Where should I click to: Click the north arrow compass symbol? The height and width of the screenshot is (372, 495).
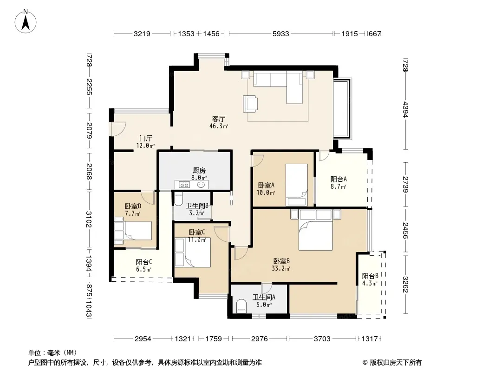(x=26, y=21)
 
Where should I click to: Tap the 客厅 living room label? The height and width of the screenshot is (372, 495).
(x=218, y=119)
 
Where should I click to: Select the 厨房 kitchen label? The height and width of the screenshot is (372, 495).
(x=199, y=170)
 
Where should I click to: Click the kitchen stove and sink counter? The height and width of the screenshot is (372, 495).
(x=191, y=184)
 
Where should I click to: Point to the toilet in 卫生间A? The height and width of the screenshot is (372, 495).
(x=241, y=306)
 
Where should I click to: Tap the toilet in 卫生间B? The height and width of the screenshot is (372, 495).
(x=178, y=199)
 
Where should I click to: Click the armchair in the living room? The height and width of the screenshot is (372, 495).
(x=250, y=104)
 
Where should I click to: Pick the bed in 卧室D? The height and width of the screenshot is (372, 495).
(x=133, y=230)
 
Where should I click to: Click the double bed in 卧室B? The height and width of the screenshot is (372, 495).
(x=316, y=230)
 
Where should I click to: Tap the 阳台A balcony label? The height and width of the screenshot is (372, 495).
(x=339, y=179)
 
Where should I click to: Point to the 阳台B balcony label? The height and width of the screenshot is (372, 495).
(x=370, y=276)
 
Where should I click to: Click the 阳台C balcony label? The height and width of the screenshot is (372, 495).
(x=144, y=262)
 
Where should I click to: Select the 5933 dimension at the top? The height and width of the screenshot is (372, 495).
(x=280, y=33)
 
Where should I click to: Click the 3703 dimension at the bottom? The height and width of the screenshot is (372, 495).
(x=322, y=339)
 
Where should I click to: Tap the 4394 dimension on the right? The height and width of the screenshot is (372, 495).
(x=405, y=110)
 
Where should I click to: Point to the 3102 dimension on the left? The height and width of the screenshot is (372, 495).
(x=89, y=219)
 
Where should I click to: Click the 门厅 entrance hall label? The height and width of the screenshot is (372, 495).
(x=145, y=139)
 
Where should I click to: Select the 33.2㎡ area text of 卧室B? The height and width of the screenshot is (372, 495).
(x=281, y=269)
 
